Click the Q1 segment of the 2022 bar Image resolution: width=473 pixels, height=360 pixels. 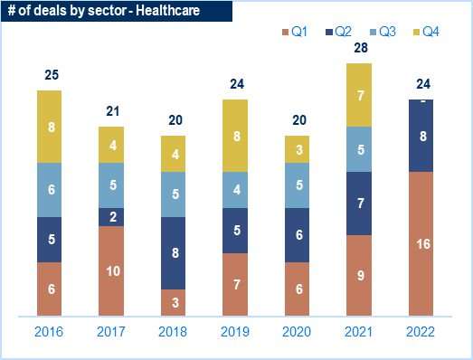click(x=421, y=244)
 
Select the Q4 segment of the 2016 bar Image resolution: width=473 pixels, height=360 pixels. click(x=49, y=127)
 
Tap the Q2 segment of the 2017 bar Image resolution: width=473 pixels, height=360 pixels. click(x=111, y=217)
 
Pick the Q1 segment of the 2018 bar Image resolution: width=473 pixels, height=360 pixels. click(x=173, y=303)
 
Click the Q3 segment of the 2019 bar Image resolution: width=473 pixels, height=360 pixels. click(x=235, y=190)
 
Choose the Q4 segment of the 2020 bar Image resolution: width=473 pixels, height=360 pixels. click(x=298, y=149)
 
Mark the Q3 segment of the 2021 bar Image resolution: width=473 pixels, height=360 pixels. click(x=359, y=149)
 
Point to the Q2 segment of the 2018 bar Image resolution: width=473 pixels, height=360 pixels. click(x=173, y=253)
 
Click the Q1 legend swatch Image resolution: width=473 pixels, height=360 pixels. click(x=285, y=32)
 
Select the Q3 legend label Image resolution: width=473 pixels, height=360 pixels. click(x=387, y=32)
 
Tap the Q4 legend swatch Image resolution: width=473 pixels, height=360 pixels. click(x=416, y=32)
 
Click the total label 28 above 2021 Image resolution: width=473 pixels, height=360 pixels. click(x=361, y=48)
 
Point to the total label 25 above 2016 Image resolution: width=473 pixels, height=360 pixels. click(x=52, y=75)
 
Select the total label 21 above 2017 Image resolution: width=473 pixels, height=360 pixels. click(x=112, y=111)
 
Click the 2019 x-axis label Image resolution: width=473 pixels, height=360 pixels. click(x=235, y=332)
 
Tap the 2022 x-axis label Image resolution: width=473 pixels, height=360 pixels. click(x=421, y=332)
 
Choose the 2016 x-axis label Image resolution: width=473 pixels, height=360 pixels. click(x=49, y=332)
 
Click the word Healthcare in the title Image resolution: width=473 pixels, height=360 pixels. click(x=167, y=11)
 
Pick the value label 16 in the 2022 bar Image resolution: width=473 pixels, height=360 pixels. click(x=423, y=244)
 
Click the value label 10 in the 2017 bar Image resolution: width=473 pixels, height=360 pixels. click(x=113, y=271)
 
